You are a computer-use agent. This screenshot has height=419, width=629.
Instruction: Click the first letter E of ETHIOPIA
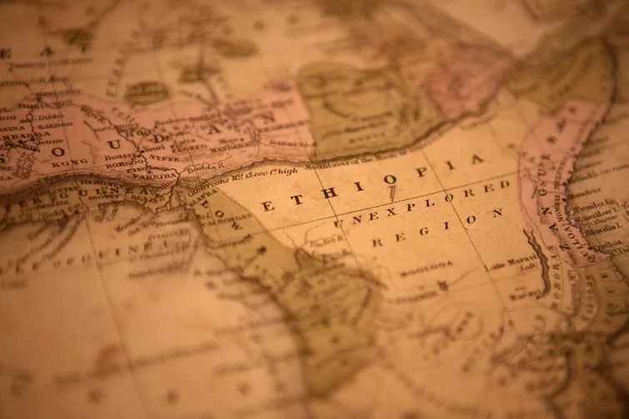[267, 205]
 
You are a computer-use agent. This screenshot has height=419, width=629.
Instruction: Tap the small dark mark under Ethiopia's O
[392, 192]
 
